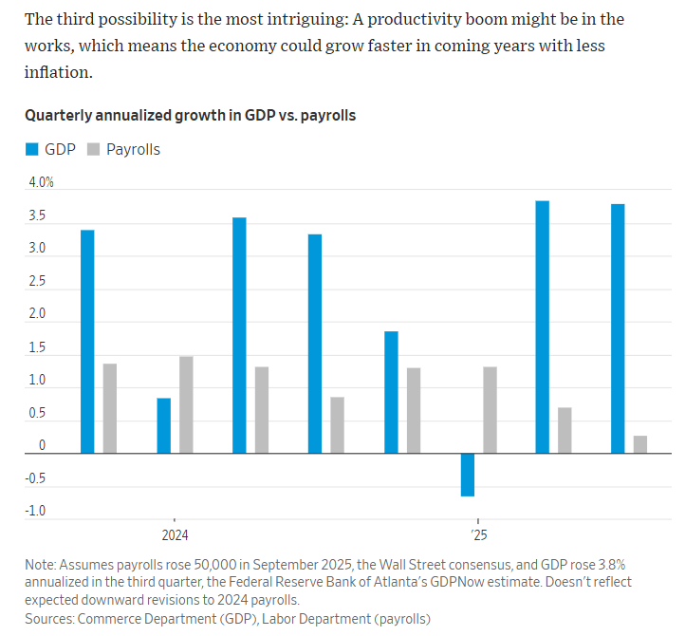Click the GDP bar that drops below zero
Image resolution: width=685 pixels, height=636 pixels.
pos(468,475)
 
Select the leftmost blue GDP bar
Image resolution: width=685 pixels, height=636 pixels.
pos(87,342)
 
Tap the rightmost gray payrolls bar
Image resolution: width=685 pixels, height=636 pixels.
pos(640,444)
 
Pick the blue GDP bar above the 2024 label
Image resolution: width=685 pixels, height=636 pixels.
pos(163,425)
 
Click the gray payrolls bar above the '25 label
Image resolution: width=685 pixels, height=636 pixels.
pos(490,410)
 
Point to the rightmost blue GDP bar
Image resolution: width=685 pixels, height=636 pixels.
pos(618,328)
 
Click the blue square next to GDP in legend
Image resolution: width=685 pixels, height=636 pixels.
pos(31,149)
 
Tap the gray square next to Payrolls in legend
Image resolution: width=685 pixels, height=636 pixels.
pos(93,149)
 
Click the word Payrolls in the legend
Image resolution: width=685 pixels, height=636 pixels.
pos(133,149)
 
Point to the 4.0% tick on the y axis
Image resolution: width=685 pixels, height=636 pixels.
pos(39,182)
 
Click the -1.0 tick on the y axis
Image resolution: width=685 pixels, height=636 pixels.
pos(35,512)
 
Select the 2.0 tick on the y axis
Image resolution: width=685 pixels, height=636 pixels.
pos(35,314)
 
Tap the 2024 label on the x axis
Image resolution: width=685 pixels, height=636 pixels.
pos(175,534)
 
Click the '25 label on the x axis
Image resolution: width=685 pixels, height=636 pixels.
pos(478,534)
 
